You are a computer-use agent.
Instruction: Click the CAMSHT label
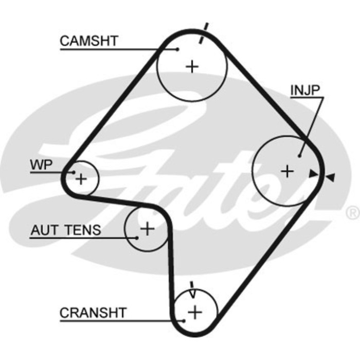pyautogui.click(x=89, y=40)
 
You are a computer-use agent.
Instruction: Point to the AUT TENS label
pyautogui.click(x=66, y=230)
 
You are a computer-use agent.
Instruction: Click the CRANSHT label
pyautogui.click(x=93, y=312)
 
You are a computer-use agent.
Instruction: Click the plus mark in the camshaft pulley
pyautogui.click(x=192, y=66)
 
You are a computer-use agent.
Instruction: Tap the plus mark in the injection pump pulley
pyautogui.click(x=287, y=171)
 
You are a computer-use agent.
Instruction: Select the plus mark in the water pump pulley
pyautogui.click(x=81, y=179)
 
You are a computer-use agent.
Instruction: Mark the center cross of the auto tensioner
pyautogui.click(x=148, y=228)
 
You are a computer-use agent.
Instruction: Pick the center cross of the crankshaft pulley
pyautogui.click(x=195, y=311)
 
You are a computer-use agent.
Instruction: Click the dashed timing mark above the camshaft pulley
pyautogui.click(x=204, y=32)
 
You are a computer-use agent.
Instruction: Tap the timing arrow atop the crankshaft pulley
pyautogui.click(x=192, y=291)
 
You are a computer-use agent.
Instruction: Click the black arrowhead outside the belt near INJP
pyautogui.click(x=330, y=177)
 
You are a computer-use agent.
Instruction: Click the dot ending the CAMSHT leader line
pyautogui.click(x=177, y=49)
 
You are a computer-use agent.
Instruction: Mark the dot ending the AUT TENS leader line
pyautogui.click(x=137, y=237)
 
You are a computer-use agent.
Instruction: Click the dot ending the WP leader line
pyautogui.click(x=74, y=172)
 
